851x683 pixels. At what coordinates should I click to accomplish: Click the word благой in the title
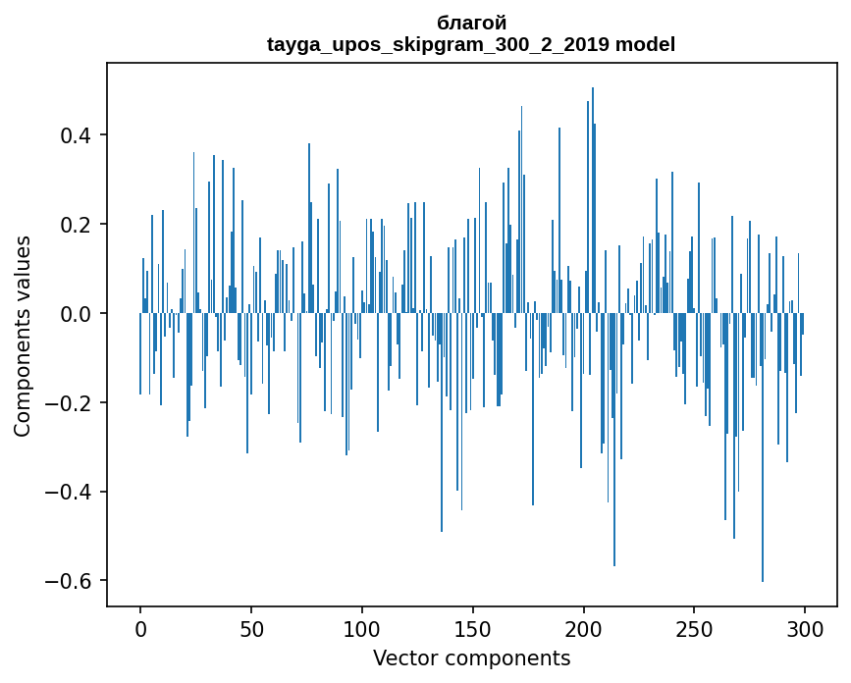471,23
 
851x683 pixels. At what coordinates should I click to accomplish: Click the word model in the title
645,45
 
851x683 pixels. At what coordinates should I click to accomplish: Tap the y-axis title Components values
23,336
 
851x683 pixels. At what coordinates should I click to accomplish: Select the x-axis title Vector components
471,657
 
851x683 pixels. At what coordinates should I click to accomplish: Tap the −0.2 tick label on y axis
72,402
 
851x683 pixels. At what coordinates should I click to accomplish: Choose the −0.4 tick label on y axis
72,492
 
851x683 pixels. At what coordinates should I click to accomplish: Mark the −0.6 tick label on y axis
72,581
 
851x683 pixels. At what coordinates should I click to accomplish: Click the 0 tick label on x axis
140,628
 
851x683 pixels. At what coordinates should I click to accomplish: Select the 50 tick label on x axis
251,628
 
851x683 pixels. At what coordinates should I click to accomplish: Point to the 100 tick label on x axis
362,628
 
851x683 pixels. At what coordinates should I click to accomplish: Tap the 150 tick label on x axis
473,628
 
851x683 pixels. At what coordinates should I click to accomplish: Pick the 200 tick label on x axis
584,628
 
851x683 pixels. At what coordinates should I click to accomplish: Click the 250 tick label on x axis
695,628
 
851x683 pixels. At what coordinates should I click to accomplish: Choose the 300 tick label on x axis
805,628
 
